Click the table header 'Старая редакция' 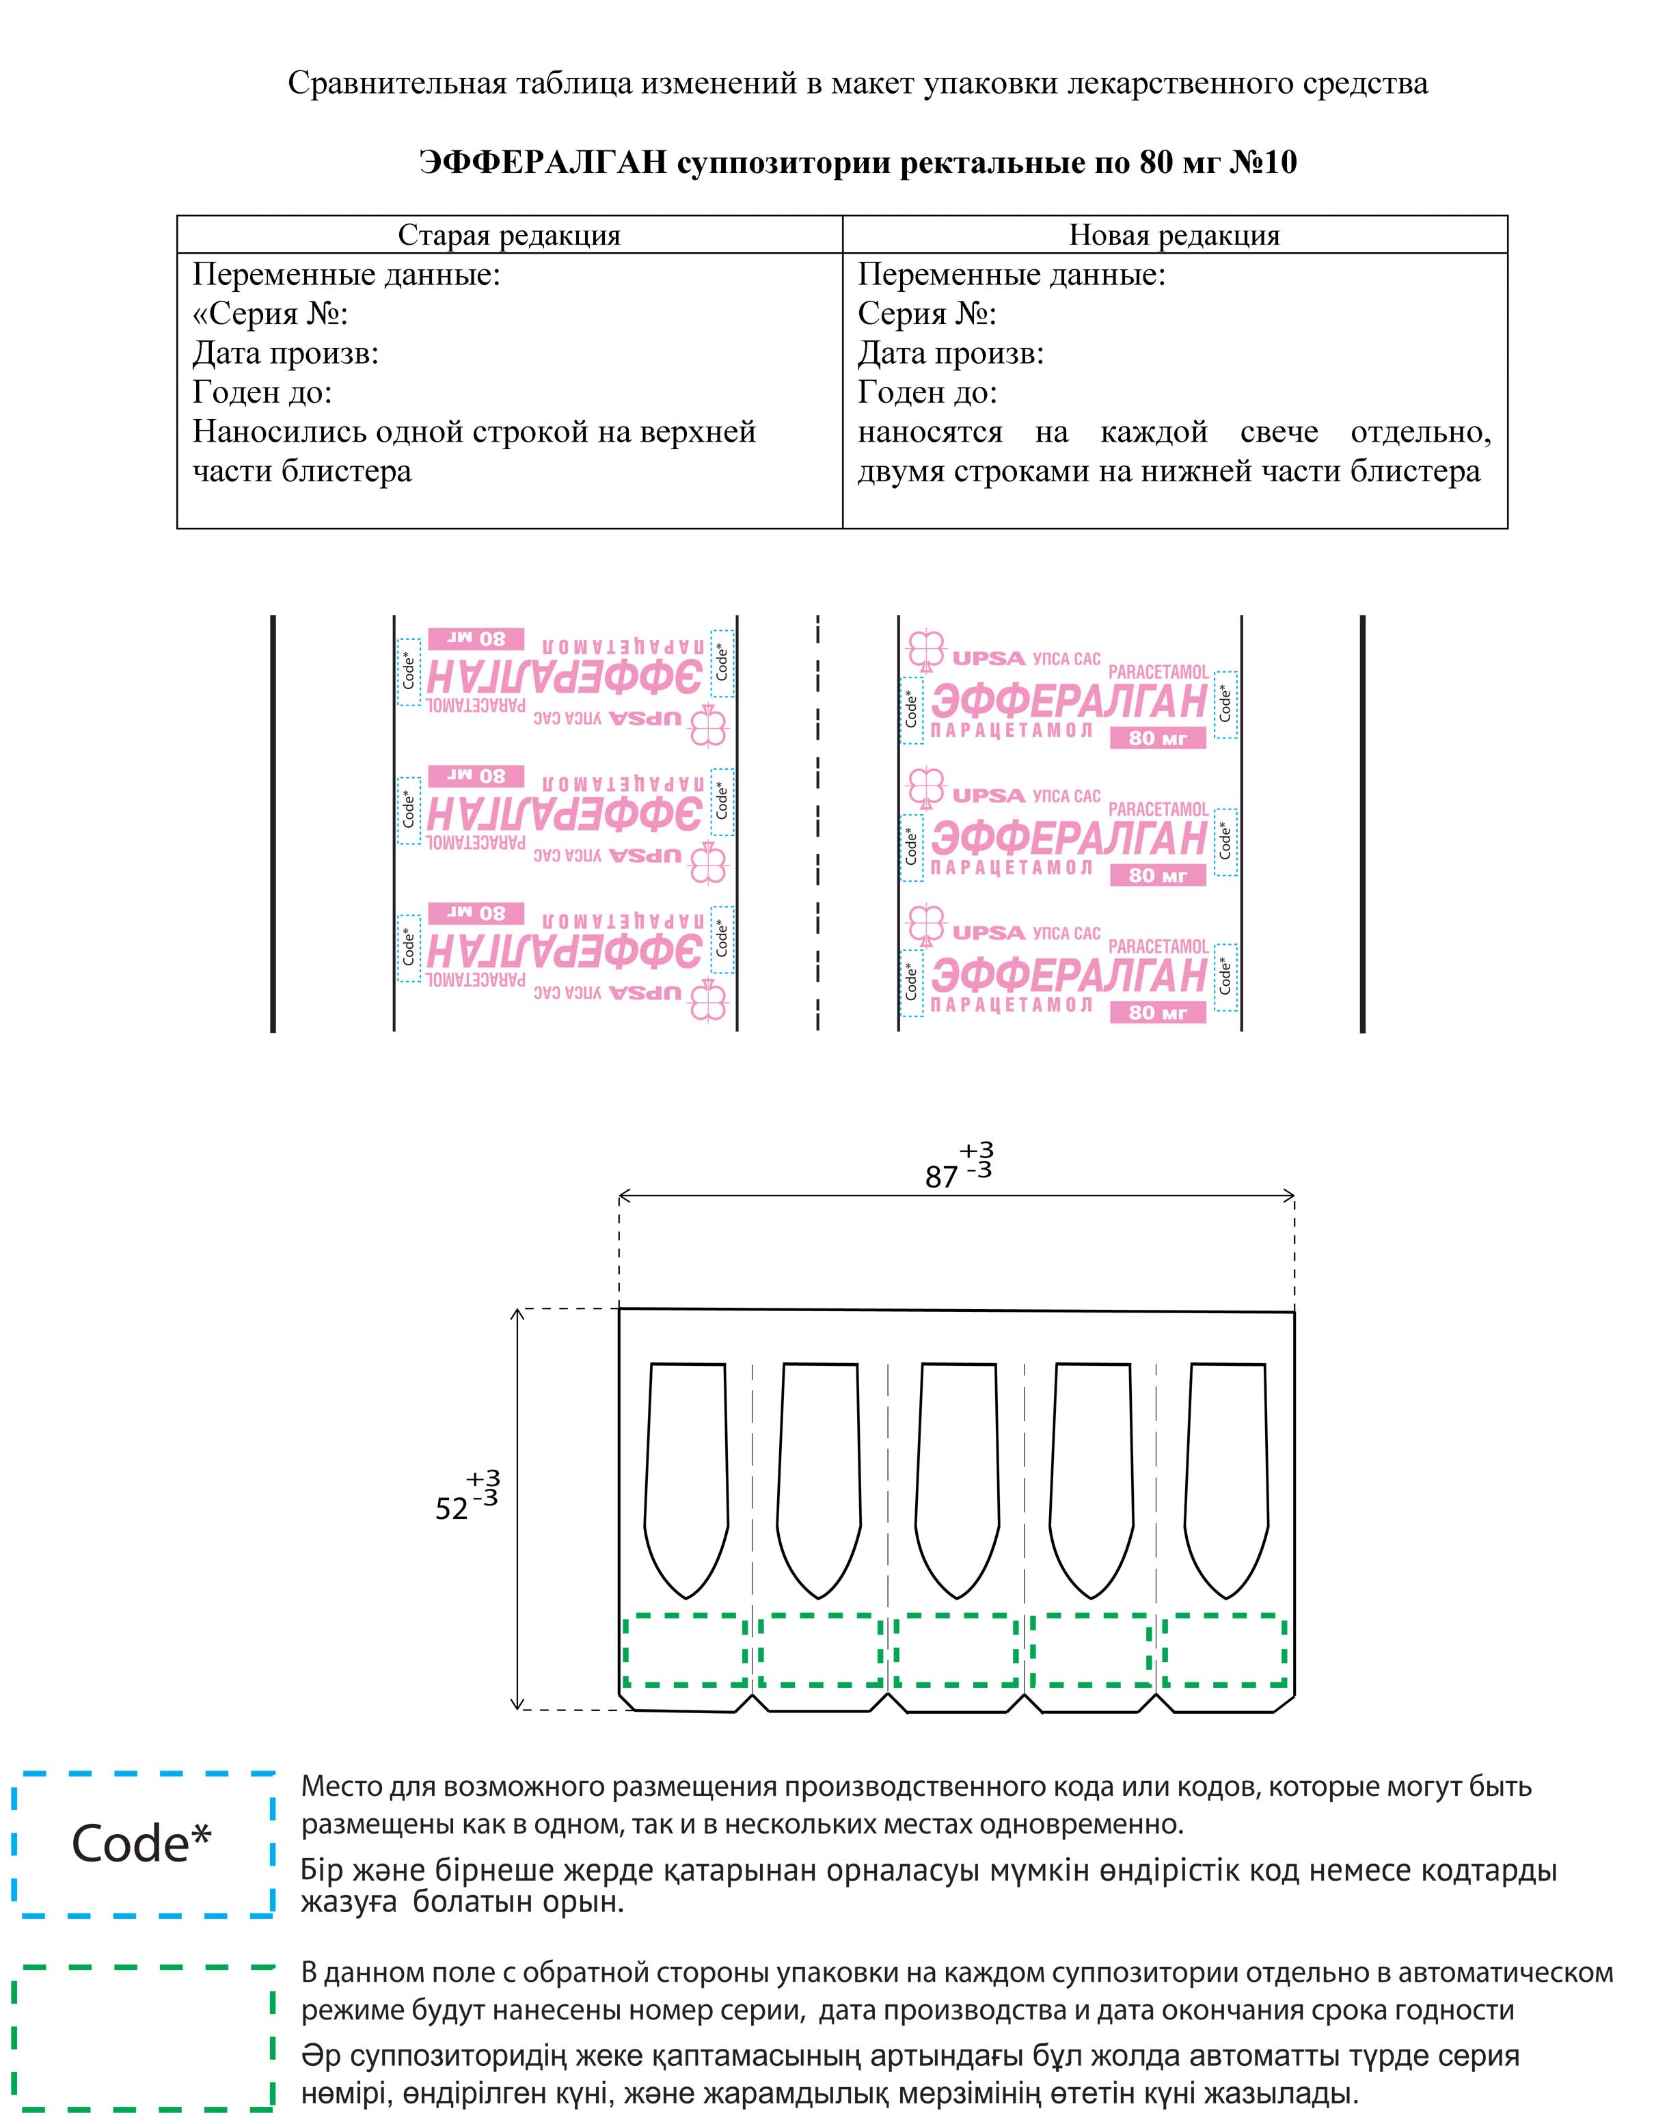(509, 235)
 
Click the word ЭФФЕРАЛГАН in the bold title (543, 163)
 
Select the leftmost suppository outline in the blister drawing (686, 1478)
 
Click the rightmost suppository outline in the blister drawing (1226, 1478)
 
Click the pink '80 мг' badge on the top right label (1157, 738)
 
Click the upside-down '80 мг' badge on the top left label (476, 639)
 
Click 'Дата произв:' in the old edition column (285, 353)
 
